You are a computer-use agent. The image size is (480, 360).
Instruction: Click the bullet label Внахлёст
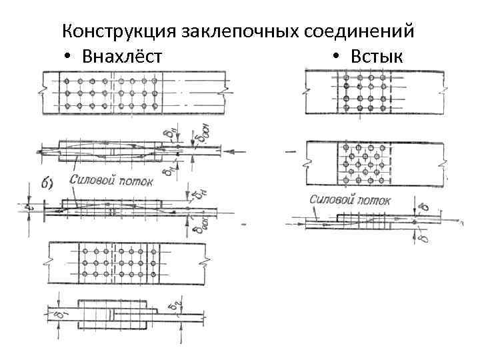tap(121, 57)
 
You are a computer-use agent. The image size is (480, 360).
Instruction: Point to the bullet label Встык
tap(377, 57)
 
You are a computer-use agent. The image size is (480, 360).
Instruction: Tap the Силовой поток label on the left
tap(112, 179)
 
